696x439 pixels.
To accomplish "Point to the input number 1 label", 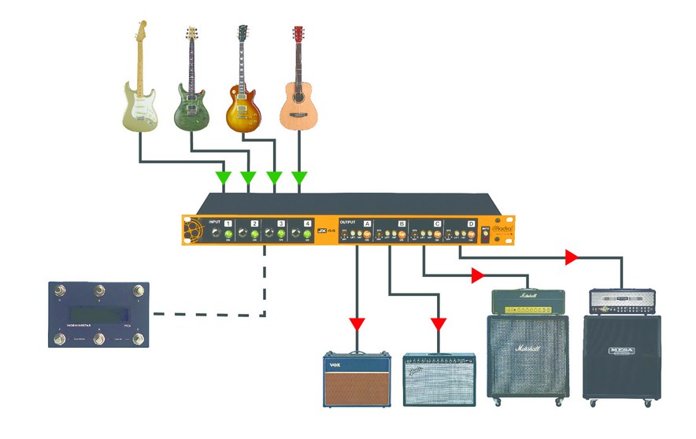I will pos(228,224).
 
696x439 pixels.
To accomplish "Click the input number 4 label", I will pos(308,224).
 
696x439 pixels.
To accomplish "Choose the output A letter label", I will pos(367,224).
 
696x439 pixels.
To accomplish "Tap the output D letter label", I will pos(471,224).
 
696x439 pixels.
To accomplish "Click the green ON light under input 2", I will pos(255,234).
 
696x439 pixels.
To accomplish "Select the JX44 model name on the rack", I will pos(322,230).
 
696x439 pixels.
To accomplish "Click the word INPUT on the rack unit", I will pos(215,223).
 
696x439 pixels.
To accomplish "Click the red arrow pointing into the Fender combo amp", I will pos(439,323).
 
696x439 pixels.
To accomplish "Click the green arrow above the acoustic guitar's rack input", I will pos(299,175).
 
